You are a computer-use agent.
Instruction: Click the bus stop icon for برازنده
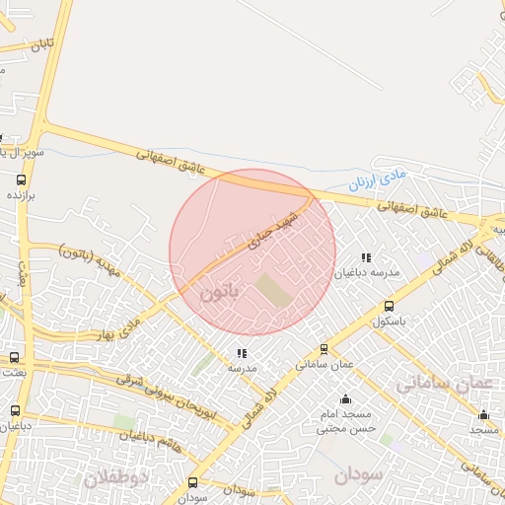(22, 180)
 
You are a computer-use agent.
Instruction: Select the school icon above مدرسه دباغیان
(367, 257)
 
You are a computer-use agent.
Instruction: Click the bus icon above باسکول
(389, 307)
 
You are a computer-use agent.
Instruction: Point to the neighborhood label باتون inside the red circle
(219, 294)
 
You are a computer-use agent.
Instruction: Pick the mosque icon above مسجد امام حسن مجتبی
(345, 399)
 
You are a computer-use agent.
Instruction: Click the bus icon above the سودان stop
(192, 482)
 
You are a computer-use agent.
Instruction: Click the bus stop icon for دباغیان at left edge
(14, 410)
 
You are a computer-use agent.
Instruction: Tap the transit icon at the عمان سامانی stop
(324, 349)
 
